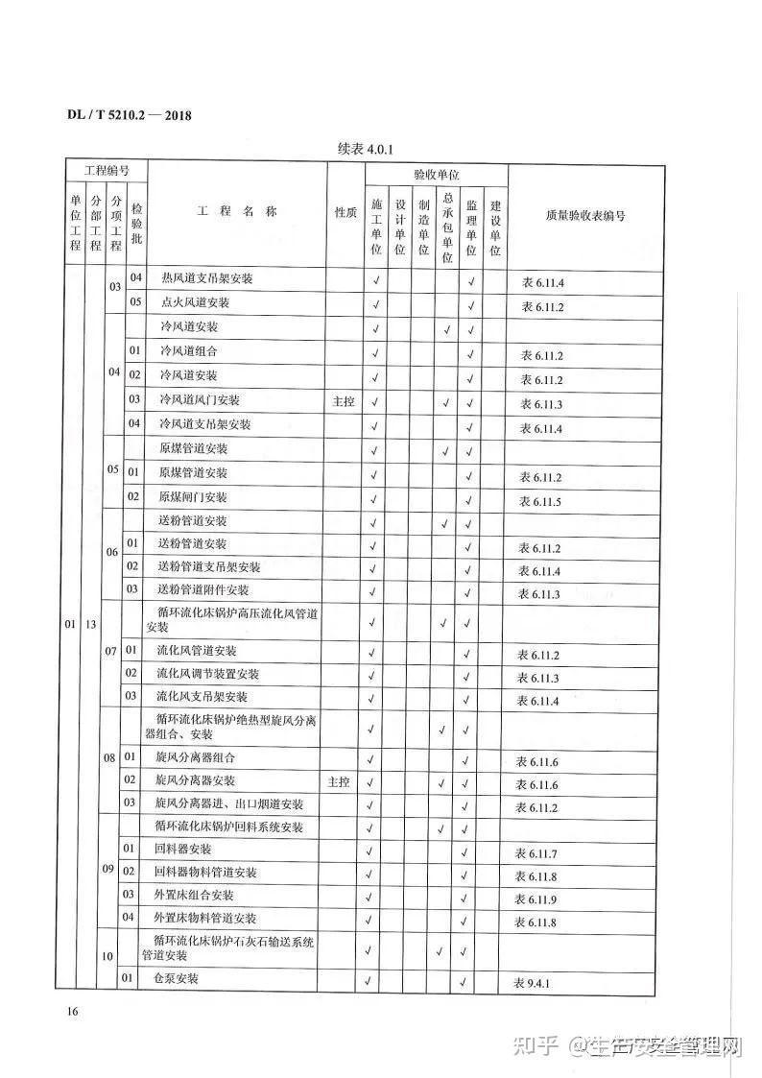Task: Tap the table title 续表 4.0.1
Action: click(x=367, y=149)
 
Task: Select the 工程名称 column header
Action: click(x=237, y=212)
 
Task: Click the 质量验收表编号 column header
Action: click(x=584, y=216)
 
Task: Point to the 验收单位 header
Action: click(x=436, y=176)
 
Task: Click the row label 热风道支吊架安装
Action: click(x=207, y=279)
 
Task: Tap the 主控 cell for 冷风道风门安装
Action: click(x=344, y=401)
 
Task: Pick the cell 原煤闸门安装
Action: click(x=193, y=497)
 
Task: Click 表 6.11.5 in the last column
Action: click(x=540, y=501)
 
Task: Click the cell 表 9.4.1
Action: click(x=536, y=984)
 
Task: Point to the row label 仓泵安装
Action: click(x=177, y=979)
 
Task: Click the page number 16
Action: click(x=72, y=1012)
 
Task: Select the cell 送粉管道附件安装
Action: click(x=202, y=589)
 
